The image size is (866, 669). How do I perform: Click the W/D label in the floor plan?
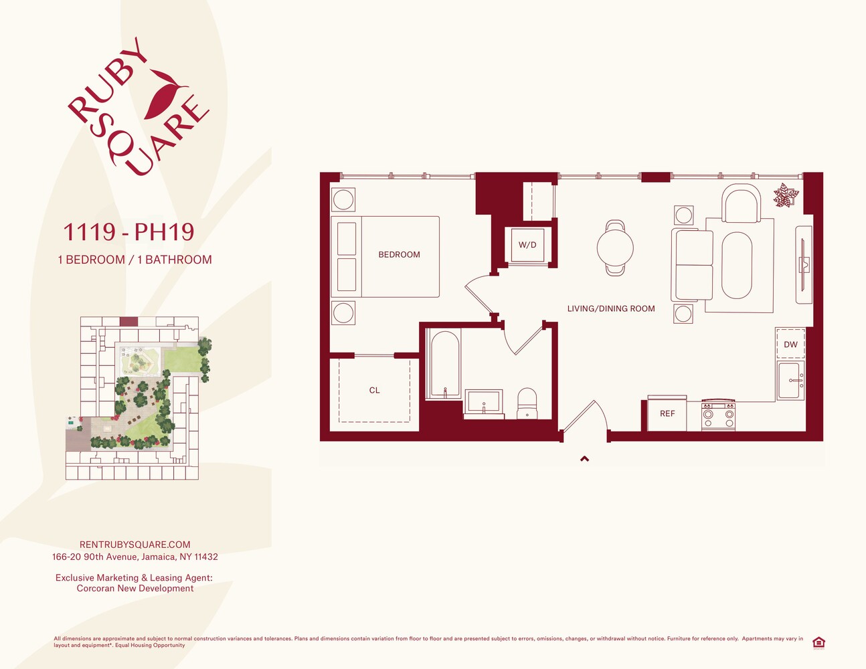(x=527, y=245)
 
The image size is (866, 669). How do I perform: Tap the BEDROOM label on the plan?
(x=399, y=254)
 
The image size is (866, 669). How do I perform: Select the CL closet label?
(x=374, y=390)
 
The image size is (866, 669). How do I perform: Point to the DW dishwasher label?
(x=790, y=345)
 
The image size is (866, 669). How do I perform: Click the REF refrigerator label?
(x=667, y=413)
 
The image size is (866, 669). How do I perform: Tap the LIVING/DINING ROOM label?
(x=611, y=308)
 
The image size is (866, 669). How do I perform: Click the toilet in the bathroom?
(x=527, y=403)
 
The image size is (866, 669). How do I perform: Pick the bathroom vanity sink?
(x=484, y=403)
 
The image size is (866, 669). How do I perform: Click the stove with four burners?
(x=718, y=415)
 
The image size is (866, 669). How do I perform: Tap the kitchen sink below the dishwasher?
(x=790, y=380)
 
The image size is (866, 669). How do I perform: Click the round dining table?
(x=615, y=248)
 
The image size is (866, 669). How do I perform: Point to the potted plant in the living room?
(x=786, y=195)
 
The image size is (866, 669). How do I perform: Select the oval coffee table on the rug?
(x=736, y=266)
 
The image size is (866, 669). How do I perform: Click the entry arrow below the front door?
(x=584, y=459)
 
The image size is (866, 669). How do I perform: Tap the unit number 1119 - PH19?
(x=128, y=231)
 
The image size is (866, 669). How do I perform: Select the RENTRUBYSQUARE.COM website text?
(x=135, y=545)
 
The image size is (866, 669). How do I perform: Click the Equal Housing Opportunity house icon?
(x=818, y=643)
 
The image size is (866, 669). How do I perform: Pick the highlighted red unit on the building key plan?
(x=128, y=321)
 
